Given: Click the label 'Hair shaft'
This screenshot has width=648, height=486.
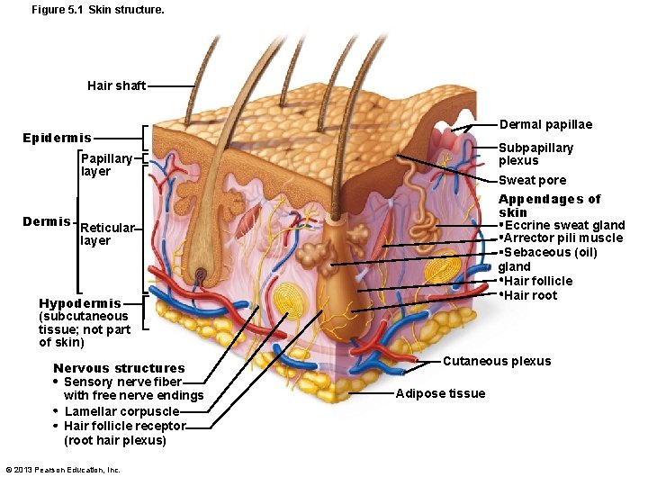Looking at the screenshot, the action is click(116, 85).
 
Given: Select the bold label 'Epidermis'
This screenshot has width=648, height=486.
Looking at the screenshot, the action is click(57, 138).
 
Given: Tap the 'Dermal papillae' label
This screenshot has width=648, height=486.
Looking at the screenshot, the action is click(545, 124).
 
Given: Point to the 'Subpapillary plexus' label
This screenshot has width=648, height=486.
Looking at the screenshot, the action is click(535, 154).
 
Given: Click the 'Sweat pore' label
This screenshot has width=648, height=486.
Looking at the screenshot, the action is click(532, 180).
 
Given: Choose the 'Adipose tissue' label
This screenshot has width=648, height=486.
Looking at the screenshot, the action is click(440, 393).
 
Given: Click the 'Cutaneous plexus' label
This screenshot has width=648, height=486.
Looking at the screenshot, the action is click(496, 361).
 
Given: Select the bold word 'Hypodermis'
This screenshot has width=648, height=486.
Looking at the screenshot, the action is click(79, 303).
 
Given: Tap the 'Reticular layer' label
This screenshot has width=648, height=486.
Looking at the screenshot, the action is click(107, 234).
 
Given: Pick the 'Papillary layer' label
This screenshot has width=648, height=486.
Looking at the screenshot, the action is click(106, 165).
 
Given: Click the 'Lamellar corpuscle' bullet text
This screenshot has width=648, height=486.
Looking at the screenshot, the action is click(121, 411).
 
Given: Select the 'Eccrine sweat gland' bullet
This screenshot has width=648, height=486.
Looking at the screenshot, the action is click(564, 225).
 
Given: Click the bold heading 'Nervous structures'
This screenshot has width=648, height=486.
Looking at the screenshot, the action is click(119, 368).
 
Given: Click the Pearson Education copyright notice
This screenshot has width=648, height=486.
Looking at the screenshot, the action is click(63, 470).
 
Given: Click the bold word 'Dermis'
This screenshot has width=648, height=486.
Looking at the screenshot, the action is click(47, 221).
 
